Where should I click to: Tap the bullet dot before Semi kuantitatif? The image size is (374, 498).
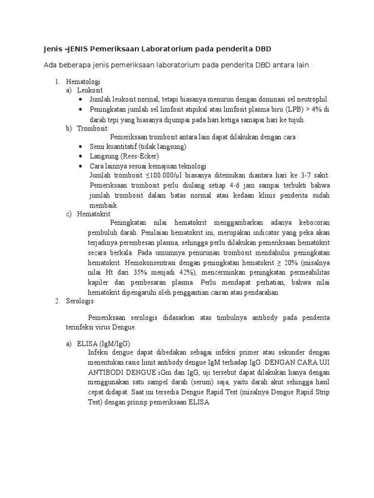80,146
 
